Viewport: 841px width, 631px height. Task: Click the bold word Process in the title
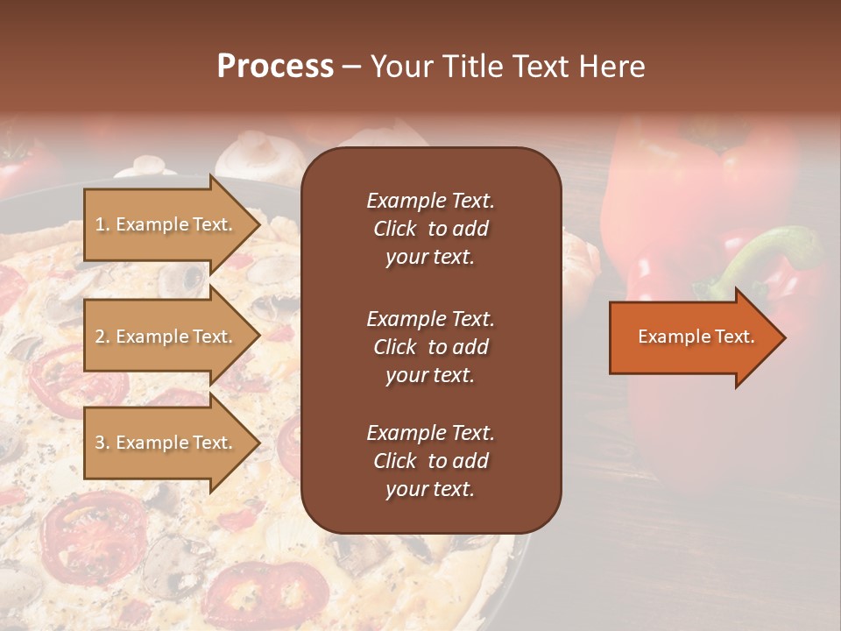275,67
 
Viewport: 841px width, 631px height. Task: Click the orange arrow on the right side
692,337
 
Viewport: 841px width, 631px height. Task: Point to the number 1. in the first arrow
102,225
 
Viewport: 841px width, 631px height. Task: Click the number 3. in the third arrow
102,443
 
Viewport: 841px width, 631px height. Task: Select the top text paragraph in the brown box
430,229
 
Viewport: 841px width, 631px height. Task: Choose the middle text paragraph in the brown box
430,347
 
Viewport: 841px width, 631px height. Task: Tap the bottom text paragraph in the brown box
430,461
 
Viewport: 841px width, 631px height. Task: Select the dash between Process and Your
350,67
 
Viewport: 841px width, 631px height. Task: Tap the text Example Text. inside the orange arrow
696,337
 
